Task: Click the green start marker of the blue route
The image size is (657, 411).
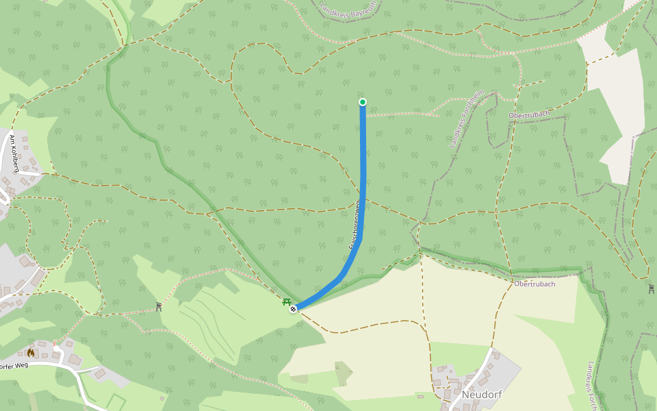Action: [x=363, y=102]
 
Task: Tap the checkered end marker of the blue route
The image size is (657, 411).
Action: [x=293, y=310]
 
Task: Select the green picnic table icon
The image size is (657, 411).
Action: [x=287, y=301]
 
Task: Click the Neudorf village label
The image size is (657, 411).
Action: [x=482, y=395]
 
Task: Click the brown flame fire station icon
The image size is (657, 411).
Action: [x=31, y=353]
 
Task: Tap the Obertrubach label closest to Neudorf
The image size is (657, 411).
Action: [x=534, y=284]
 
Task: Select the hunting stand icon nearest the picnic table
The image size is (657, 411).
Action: [x=159, y=306]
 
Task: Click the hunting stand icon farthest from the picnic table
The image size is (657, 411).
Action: [x=651, y=288]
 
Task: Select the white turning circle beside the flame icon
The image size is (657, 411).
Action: [x=57, y=349]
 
